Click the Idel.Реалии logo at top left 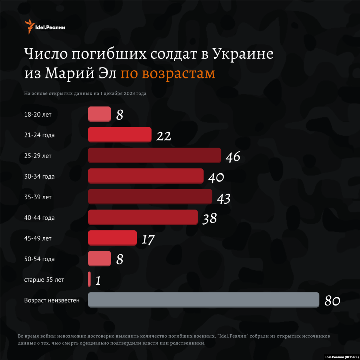45,27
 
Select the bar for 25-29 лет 154,155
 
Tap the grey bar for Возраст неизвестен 203,300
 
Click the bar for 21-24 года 120,135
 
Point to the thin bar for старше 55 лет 89,279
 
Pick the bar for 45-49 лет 112,238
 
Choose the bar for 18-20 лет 99,114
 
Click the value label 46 233,157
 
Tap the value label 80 332,301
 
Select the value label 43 224,198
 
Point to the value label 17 148,239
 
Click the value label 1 98,281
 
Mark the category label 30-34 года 39,176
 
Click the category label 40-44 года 39,218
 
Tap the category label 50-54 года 39,259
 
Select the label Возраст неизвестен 52,301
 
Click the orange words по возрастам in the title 168,73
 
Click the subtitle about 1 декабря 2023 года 85,94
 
